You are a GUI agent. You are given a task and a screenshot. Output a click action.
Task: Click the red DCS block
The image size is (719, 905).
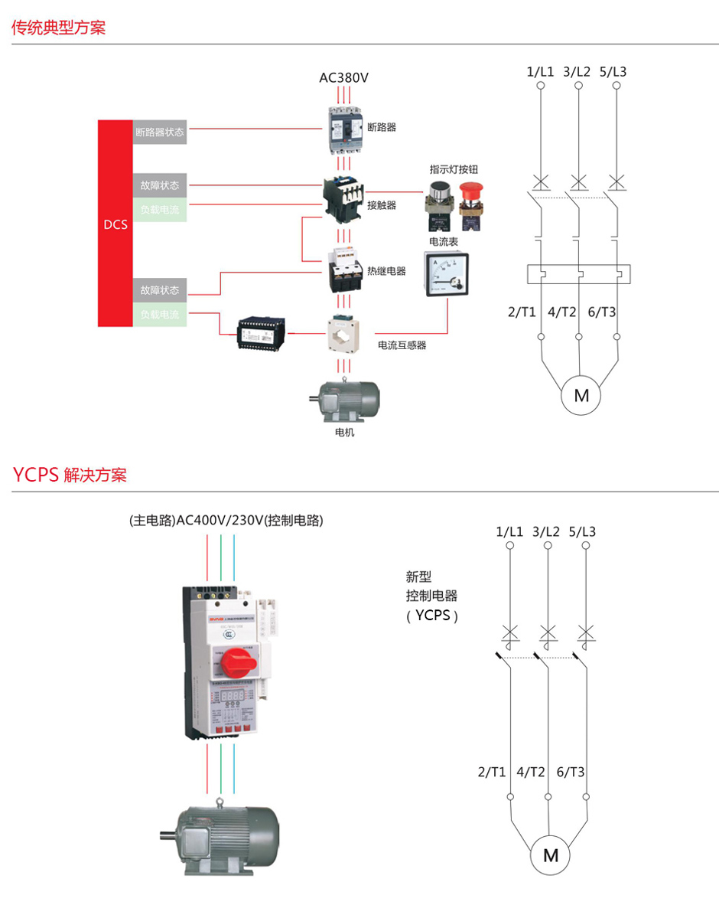click(x=115, y=224)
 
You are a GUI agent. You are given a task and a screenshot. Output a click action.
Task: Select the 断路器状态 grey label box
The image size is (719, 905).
click(x=160, y=132)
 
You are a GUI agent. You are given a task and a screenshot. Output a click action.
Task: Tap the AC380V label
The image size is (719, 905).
click(x=343, y=77)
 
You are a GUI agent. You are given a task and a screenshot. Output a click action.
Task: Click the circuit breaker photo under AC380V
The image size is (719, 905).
click(x=343, y=127)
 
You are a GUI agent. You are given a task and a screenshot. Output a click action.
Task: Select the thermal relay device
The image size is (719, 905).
click(x=343, y=270)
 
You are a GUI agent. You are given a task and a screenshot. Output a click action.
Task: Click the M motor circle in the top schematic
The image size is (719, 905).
click(x=581, y=396)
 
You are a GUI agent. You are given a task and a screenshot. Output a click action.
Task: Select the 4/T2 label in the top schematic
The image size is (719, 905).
click(x=562, y=312)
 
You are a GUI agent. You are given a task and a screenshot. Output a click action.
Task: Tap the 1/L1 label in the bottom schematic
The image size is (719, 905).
click(x=509, y=531)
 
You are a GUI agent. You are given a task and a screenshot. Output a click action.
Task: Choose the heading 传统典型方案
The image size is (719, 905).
click(x=58, y=28)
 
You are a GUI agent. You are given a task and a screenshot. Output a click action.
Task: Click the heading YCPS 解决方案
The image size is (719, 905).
click(x=70, y=475)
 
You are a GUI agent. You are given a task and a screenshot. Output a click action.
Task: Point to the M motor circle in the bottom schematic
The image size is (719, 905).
click(x=551, y=855)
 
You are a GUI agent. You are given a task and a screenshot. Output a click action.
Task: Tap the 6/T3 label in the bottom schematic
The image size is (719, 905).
click(x=571, y=772)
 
